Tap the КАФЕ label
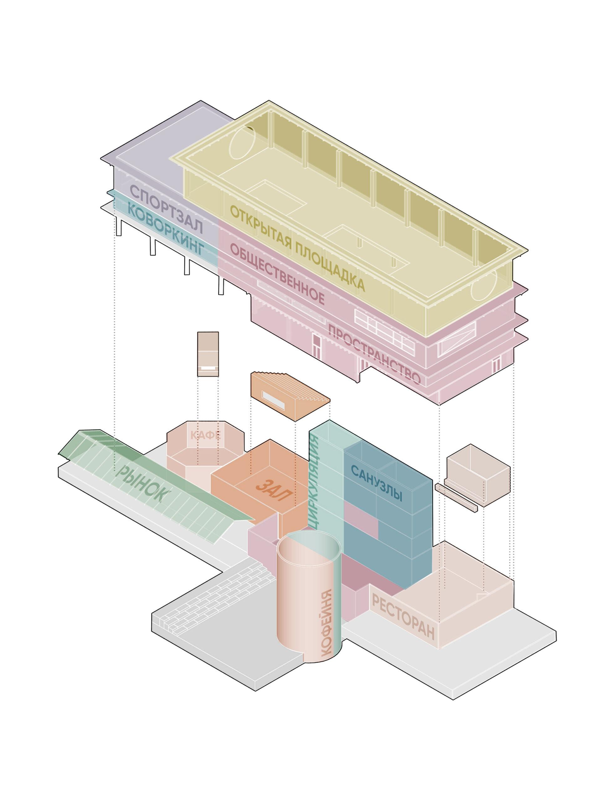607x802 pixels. [205, 435]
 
